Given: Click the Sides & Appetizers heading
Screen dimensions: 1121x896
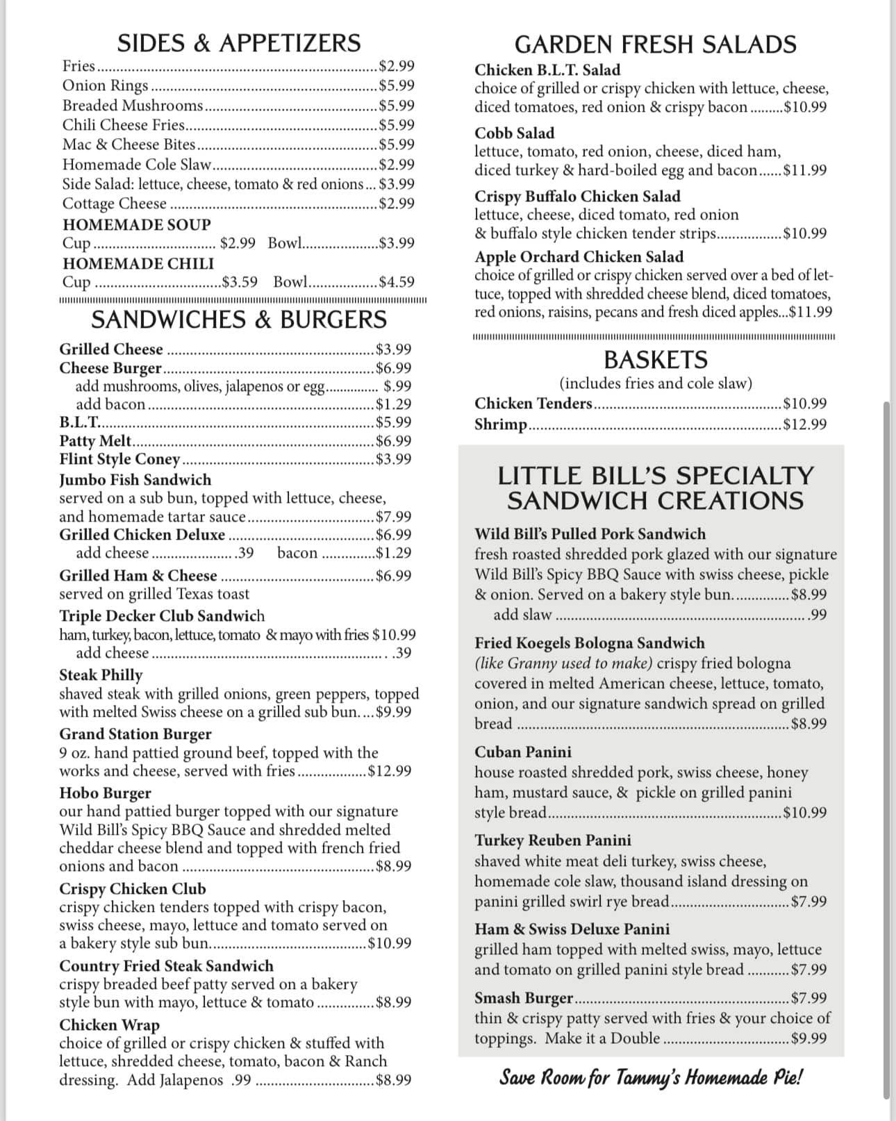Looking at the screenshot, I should pyautogui.click(x=239, y=43).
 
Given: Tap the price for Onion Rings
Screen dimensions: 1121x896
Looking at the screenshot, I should pyautogui.click(x=397, y=85).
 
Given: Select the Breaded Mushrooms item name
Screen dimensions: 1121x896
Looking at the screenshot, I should pyautogui.click(x=133, y=106).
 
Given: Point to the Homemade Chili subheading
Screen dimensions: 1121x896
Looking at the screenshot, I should pyautogui.click(x=138, y=264).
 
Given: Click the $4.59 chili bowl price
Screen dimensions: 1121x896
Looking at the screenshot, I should pyautogui.click(x=397, y=282).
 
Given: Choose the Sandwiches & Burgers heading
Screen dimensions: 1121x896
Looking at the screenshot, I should pyautogui.click(x=239, y=319).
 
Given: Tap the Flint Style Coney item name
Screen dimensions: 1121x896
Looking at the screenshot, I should pyautogui.click(x=119, y=459).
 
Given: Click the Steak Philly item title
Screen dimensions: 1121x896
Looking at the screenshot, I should pyautogui.click(x=101, y=675).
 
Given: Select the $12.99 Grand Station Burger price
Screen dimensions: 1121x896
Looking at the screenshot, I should pyautogui.click(x=390, y=771).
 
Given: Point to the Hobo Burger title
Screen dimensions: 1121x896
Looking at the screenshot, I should pyautogui.click(x=105, y=793).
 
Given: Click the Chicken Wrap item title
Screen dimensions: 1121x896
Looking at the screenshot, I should pyautogui.click(x=109, y=1025).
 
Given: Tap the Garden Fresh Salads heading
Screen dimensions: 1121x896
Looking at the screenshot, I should pyautogui.click(x=655, y=44).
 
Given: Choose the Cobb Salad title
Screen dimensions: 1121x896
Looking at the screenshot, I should pyautogui.click(x=515, y=133).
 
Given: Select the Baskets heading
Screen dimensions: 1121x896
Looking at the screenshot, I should pyautogui.click(x=655, y=360).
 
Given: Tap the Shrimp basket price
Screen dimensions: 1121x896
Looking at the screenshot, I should pyautogui.click(x=804, y=424).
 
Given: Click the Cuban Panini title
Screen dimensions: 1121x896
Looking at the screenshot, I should pyautogui.click(x=523, y=752).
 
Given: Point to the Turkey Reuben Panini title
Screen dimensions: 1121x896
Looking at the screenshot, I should pyautogui.click(x=553, y=840).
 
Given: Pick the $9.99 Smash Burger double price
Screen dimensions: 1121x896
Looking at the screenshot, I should pyautogui.click(x=809, y=1039).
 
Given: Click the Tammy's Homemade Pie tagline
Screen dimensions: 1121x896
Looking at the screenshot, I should pyautogui.click(x=652, y=1078).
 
